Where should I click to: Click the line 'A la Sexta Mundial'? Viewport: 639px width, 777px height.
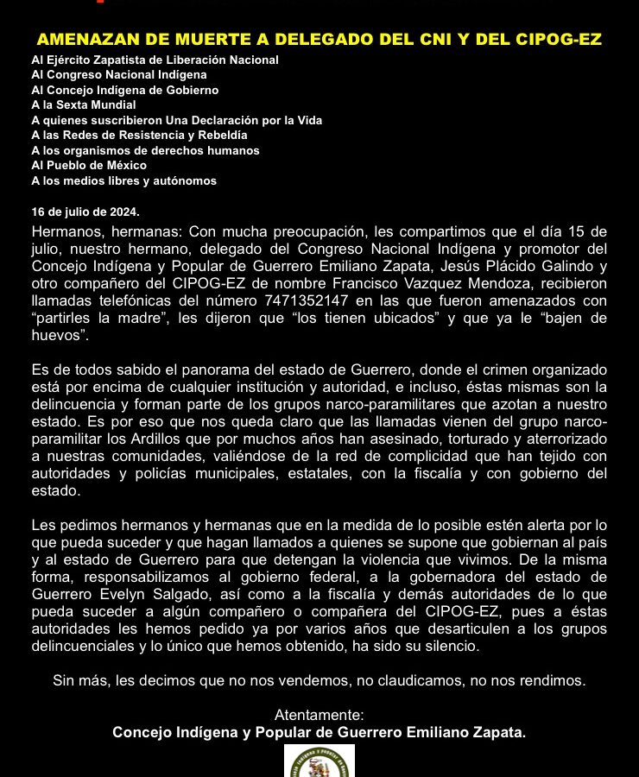[x=84, y=104]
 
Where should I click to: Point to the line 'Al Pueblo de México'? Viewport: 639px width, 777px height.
[x=89, y=165]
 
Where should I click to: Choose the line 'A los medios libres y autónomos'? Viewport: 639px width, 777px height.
[x=123, y=180]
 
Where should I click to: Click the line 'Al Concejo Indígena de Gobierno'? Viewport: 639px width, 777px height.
[x=125, y=90]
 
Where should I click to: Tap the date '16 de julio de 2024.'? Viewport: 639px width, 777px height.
[x=85, y=212]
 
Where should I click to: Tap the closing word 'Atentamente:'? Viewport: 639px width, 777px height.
[x=319, y=715]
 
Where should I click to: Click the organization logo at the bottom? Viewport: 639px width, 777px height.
[x=319, y=761]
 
